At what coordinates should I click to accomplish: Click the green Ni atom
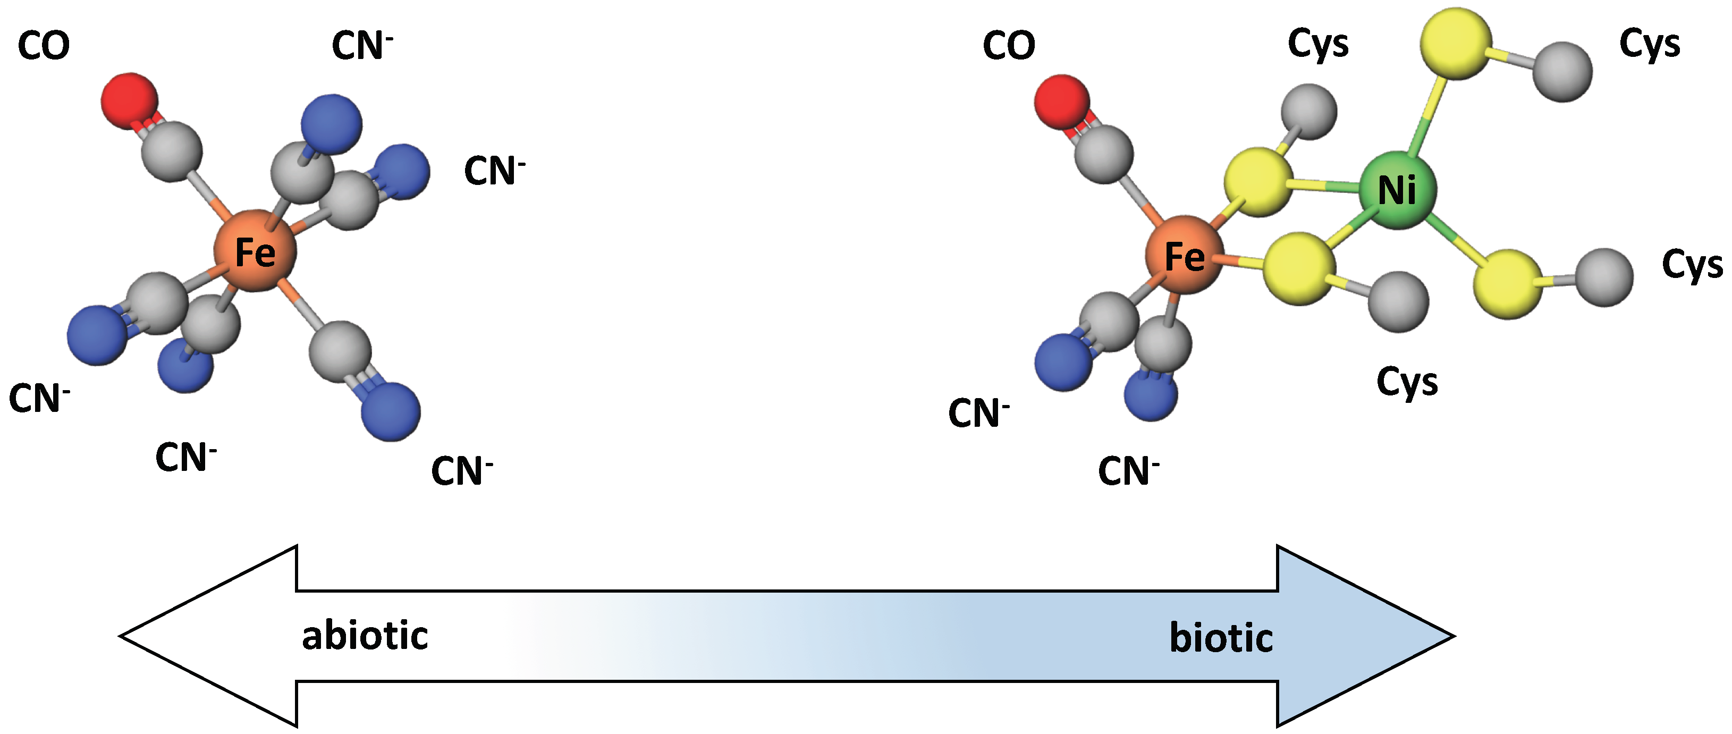[x=1397, y=190]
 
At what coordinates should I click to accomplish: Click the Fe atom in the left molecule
[x=255, y=251]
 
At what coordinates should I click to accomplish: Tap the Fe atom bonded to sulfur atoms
[x=1185, y=256]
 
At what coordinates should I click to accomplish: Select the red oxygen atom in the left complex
[x=129, y=101]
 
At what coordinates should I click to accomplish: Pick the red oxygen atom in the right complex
[x=1062, y=102]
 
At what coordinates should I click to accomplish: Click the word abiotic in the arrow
[x=365, y=636]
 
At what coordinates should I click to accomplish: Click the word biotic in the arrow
[x=1221, y=637]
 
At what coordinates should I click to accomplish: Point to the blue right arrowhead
[x=1365, y=635]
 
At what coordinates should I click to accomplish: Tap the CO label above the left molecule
[x=44, y=46]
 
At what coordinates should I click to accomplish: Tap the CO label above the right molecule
[x=1009, y=46]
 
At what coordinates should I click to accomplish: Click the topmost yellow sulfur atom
[x=1455, y=43]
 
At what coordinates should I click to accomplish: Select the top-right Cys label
[x=1649, y=44]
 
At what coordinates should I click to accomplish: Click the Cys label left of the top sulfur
[x=1318, y=44]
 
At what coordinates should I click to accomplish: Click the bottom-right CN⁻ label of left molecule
[x=461, y=470]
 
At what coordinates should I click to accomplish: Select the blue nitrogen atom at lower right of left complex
[x=391, y=411]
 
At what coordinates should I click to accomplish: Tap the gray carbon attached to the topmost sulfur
[x=1562, y=71]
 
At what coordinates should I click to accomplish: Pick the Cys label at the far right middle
[x=1692, y=264]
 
